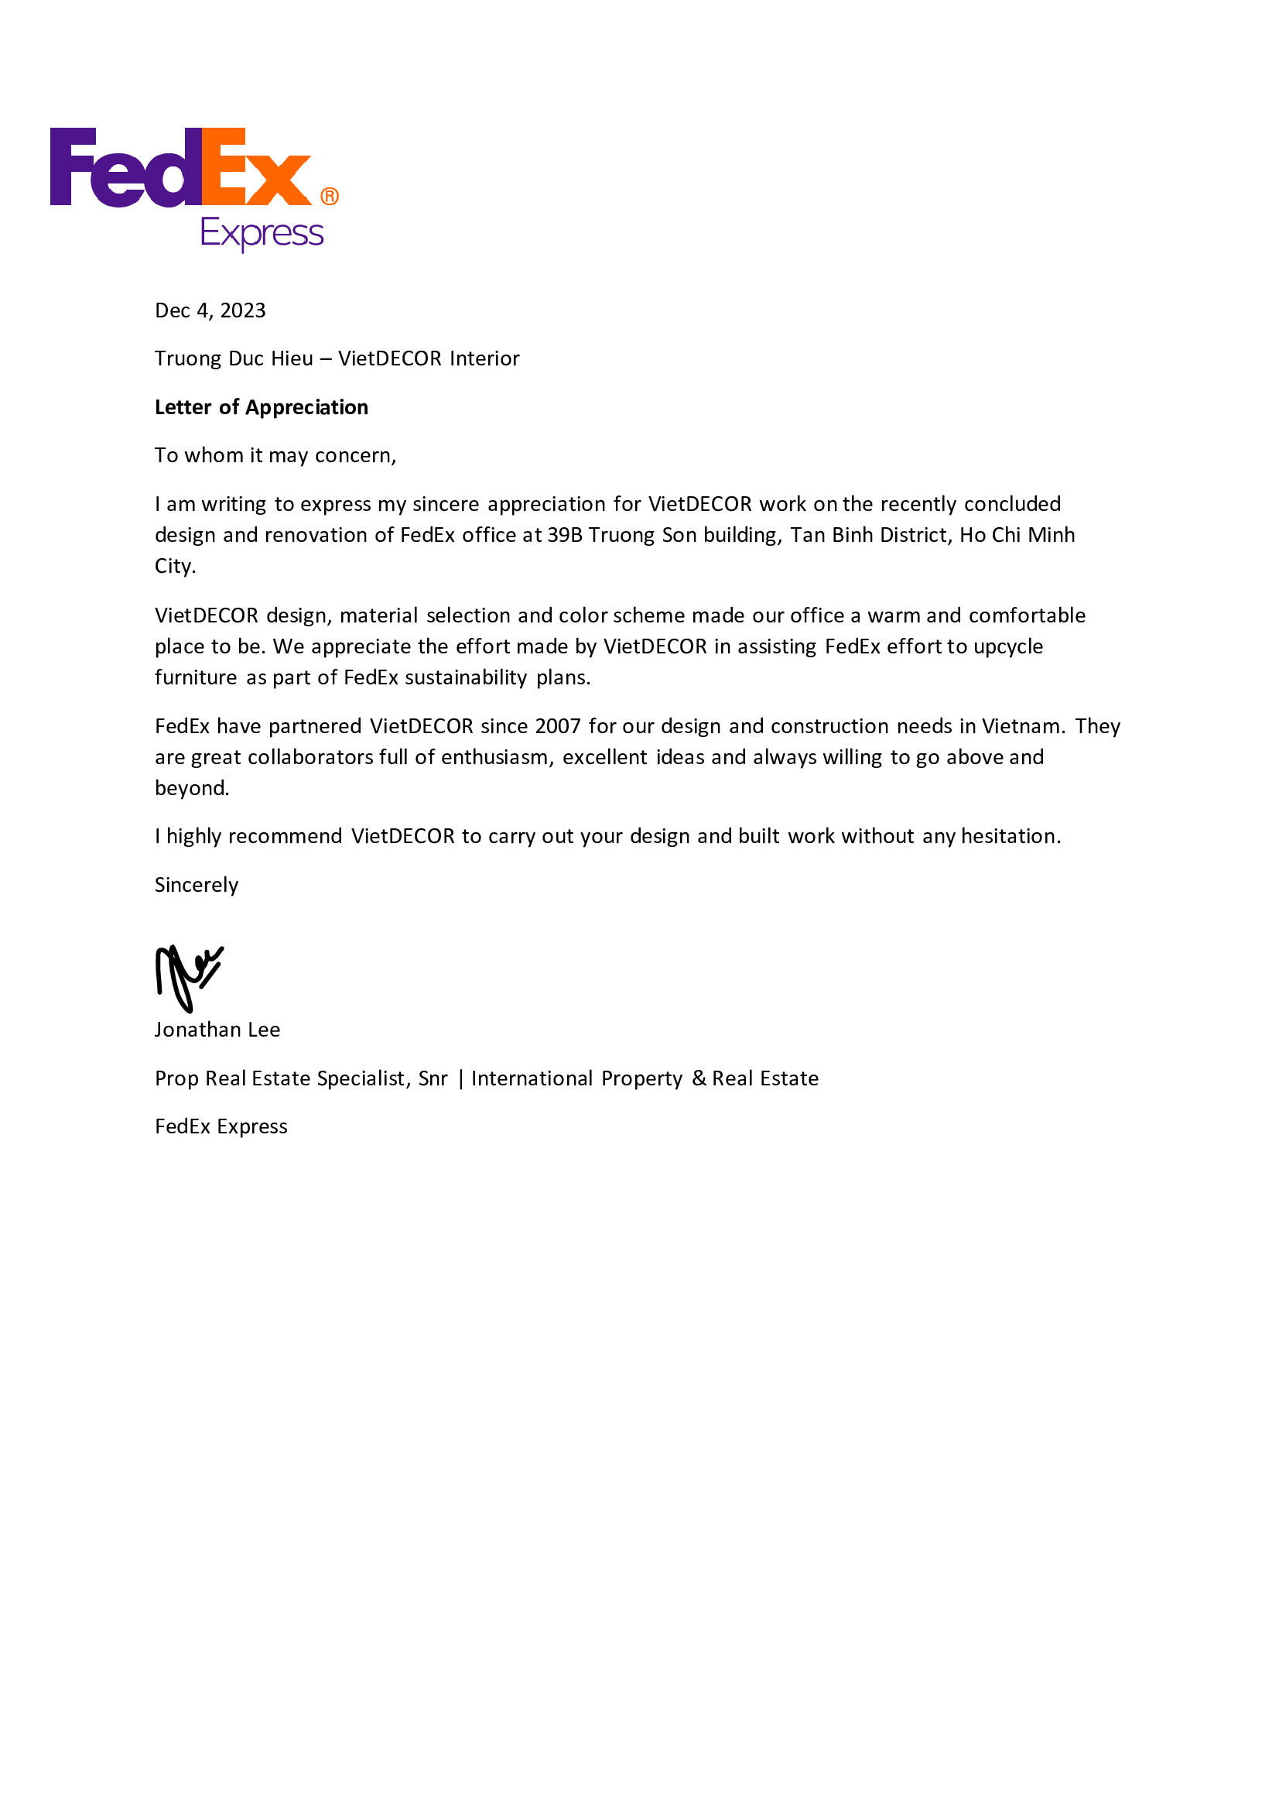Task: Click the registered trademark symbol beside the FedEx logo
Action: coord(330,197)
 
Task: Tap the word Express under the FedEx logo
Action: coord(262,234)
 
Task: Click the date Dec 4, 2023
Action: coord(210,310)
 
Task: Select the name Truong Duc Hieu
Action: coord(233,358)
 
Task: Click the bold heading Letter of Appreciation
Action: coord(261,407)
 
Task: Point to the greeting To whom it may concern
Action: coord(275,456)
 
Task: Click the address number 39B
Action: coord(564,535)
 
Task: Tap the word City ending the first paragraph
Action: coord(174,566)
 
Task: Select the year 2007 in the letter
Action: coord(557,726)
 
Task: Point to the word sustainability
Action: coord(465,678)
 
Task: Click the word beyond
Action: coord(191,788)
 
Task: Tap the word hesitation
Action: coord(1011,836)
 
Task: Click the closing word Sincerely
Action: coord(197,886)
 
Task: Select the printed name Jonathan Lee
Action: coord(217,1030)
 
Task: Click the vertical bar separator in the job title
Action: coord(460,1078)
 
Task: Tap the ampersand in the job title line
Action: coord(699,1078)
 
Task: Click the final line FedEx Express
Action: coord(221,1127)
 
